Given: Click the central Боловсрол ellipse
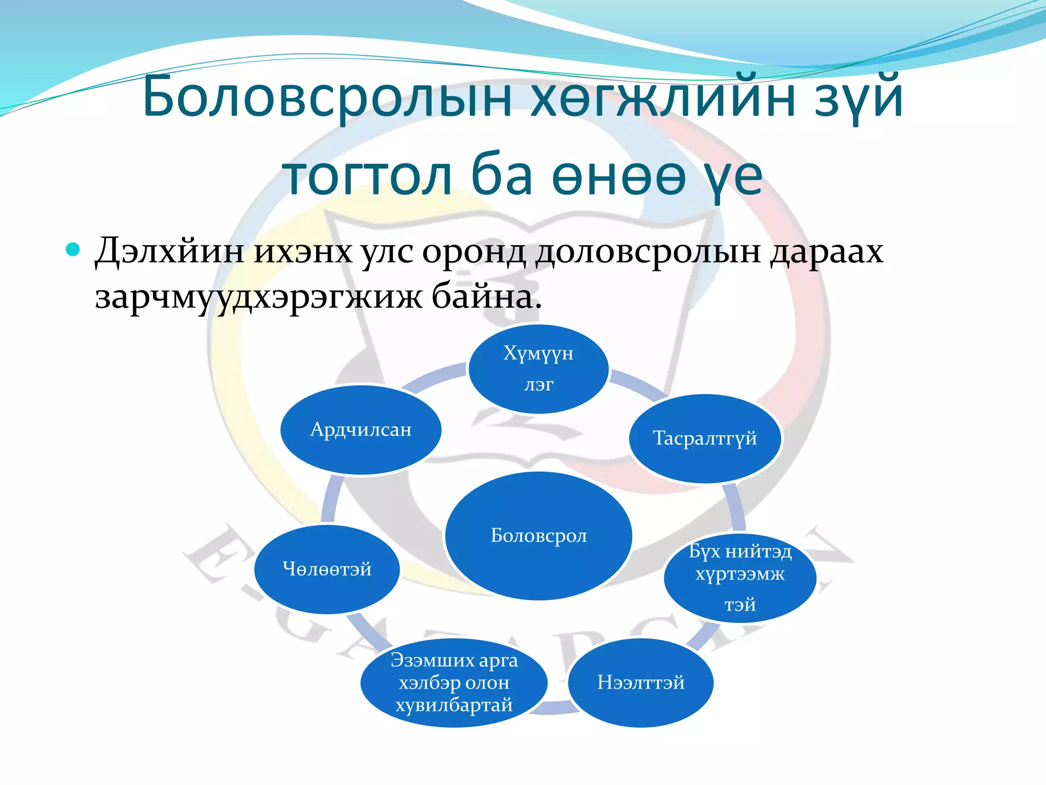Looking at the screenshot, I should (538, 535).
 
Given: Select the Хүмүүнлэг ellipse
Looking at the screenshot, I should (538, 368).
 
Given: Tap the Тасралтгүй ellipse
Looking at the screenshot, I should (705, 438).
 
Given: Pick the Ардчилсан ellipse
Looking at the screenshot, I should (361, 430).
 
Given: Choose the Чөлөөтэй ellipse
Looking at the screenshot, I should (327, 569).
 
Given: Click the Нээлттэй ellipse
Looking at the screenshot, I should (640, 682).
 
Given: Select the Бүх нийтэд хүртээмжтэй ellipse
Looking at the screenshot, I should (740, 578).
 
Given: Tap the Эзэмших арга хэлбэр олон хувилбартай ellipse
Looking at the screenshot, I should (454, 682).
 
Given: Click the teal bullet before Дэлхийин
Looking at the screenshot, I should (74, 249).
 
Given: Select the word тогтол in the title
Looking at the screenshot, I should (368, 176).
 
